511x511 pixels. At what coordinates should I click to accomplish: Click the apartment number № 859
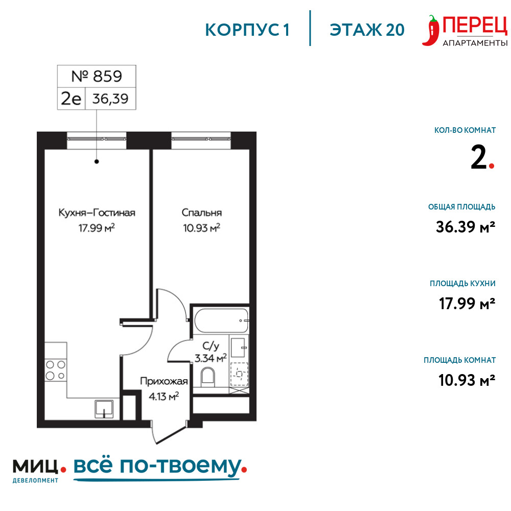[x=97, y=76]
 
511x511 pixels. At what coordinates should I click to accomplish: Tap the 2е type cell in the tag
[x=71, y=99]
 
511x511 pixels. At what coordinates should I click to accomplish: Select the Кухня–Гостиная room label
[x=97, y=213]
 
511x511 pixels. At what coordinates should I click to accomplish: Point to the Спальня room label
[x=202, y=213]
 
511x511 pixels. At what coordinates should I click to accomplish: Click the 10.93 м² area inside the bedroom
[x=202, y=228]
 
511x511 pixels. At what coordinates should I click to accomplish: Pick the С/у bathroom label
[x=211, y=345]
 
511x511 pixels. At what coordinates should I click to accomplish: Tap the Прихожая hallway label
[x=164, y=381]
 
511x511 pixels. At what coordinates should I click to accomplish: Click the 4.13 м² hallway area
[x=164, y=397]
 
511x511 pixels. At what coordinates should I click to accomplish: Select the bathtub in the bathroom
[x=221, y=320]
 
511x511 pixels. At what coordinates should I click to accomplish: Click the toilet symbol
[x=207, y=377]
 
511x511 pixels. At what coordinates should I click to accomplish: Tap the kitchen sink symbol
[x=104, y=409]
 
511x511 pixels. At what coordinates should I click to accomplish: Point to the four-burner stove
[x=55, y=370]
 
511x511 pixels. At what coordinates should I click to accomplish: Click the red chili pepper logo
[x=431, y=30]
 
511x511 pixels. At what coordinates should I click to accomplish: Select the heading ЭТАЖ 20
[x=367, y=30]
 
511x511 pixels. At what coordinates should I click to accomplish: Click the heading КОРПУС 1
[x=247, y=30]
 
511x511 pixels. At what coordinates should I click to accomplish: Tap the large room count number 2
[x=478, y=157]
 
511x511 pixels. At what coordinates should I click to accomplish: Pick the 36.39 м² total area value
[x=466, y=227]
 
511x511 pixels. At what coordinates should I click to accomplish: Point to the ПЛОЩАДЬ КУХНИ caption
[x=462, y=284]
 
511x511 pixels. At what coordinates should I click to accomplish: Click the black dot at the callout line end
[x=97, y=161]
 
